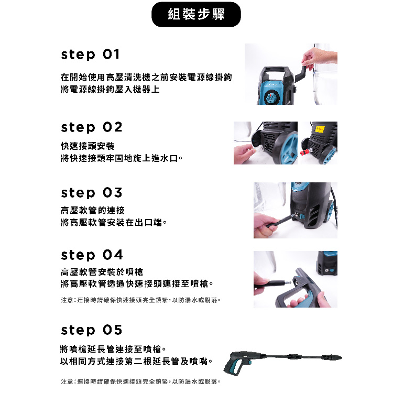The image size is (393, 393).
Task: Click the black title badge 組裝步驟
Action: click(196, 14)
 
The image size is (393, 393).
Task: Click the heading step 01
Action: click(90, 55)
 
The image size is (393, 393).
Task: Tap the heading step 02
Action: click(92, 127)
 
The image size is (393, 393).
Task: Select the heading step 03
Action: click(92, 193)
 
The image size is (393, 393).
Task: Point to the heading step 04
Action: click(92, 255)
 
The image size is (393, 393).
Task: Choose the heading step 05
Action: click(92, 330)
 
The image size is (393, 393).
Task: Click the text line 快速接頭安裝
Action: click(88, 146)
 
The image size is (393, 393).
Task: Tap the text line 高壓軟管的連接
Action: click(92, 210)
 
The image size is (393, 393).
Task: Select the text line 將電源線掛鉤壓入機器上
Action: click(110, 89)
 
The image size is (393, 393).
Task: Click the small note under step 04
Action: click(140, 300)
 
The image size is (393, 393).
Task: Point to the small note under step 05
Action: click(140, 381)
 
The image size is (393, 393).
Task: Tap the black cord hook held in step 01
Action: click(301, 74)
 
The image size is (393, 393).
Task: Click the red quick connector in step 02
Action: click(305, 152)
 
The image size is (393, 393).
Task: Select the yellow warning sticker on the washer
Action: click(320, 129)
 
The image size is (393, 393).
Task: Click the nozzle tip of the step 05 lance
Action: click(339, 357)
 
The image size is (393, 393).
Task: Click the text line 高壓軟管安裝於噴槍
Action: click(102, 271)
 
